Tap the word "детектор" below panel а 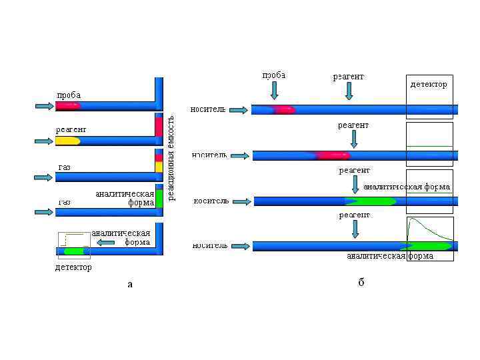pos(73,267)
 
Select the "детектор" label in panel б pos(429,85)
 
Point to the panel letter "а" pos(130,284)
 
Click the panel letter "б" pos(361,283)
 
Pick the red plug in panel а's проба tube pos(69,105)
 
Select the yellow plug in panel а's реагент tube pos(67,141)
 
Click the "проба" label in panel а pos(69,95)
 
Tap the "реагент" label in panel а pos(71,129)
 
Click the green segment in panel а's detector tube pos(73,251)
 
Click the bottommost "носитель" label pos(210,245)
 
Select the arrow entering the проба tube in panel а pos(43,105)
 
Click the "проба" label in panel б pos(274,75)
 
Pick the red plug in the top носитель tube pos(283,109)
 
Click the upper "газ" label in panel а pos(64,167)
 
